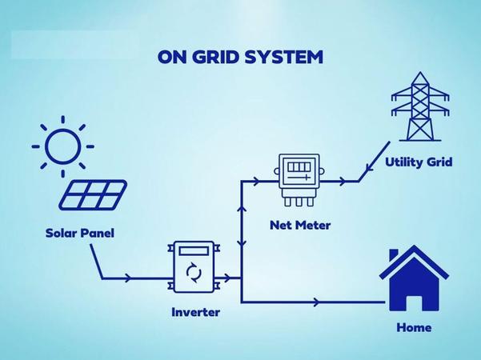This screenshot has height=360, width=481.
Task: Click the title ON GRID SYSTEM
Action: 240,57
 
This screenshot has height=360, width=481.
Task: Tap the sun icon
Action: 62,146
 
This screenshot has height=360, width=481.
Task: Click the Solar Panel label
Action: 79,234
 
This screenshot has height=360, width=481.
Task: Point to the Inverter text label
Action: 195,311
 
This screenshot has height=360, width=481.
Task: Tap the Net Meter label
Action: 299,225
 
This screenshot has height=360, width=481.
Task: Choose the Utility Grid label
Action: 419,162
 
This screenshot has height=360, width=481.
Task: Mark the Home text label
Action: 414,327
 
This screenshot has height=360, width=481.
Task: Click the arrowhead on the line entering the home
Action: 318,302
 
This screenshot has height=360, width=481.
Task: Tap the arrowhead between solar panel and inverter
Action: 129,278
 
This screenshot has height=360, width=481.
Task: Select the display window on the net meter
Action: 298,170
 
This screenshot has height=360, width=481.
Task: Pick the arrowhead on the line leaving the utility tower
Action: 367,168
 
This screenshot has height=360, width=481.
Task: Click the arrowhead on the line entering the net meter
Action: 256,182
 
